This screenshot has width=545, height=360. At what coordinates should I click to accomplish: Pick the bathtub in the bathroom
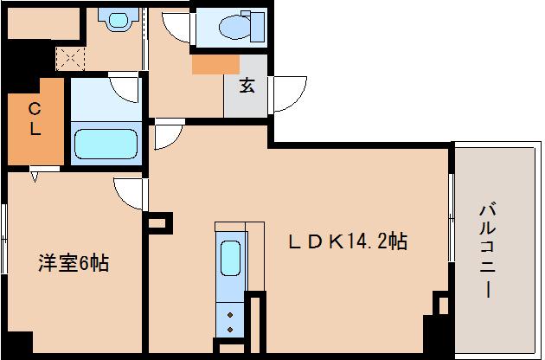pos(106,143)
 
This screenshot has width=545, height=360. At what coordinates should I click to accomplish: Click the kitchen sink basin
pos(230,258)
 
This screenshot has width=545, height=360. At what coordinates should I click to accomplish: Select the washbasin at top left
pos(112,19)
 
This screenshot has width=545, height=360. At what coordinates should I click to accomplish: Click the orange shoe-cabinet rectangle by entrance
pos(216,63)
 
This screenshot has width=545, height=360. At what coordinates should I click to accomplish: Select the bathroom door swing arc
pos(125,87)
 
